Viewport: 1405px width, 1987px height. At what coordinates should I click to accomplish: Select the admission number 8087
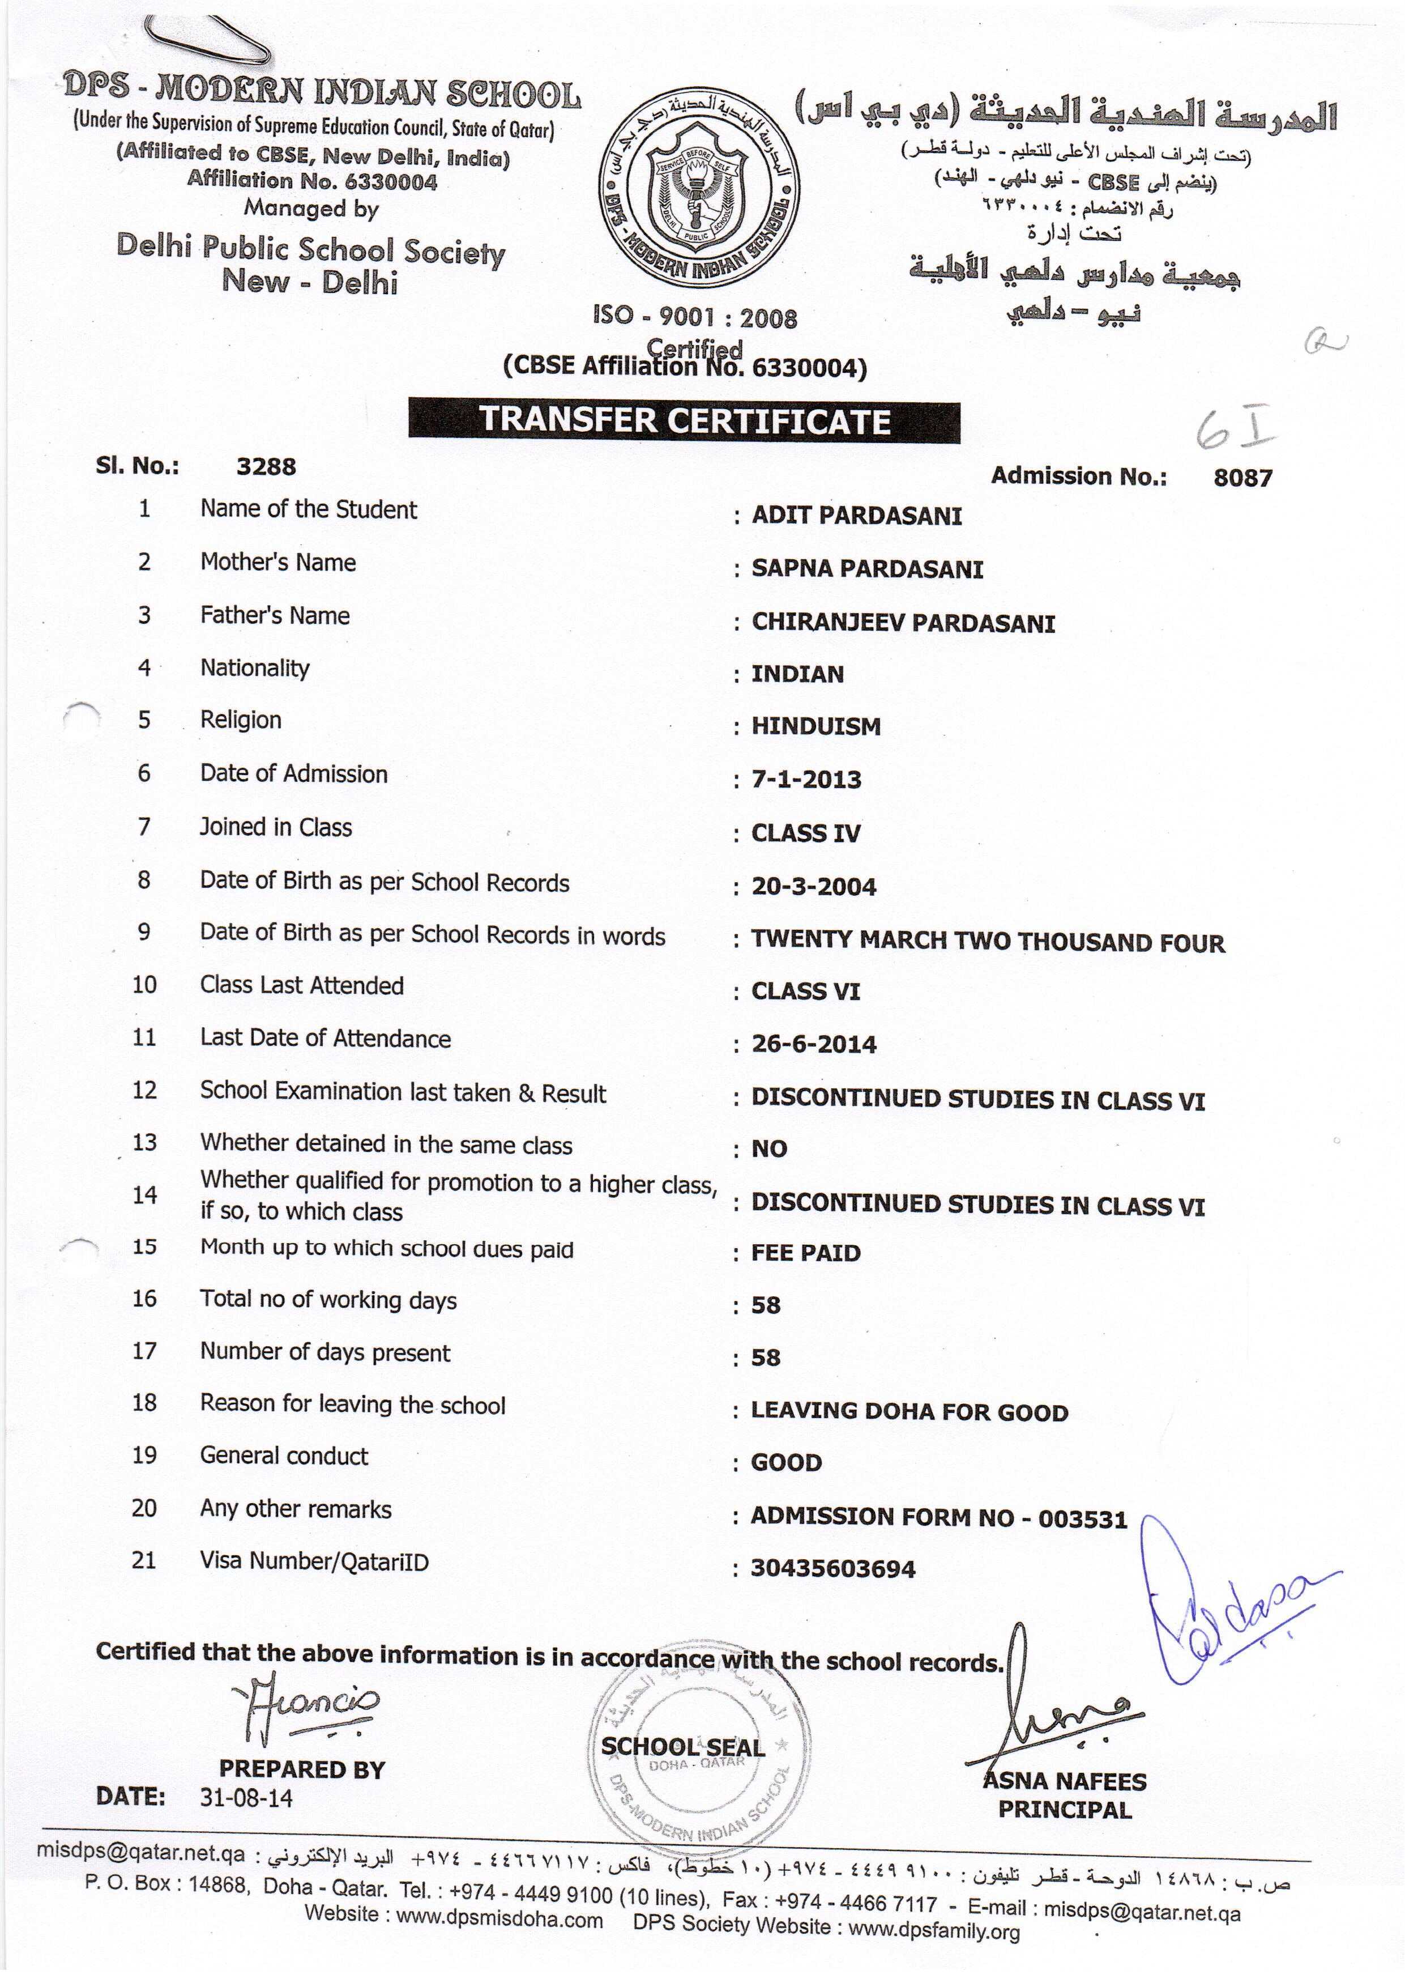(1242, 478)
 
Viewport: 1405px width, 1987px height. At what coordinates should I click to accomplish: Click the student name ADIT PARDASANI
(856, 516)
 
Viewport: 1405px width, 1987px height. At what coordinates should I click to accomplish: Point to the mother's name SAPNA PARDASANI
(867, 569)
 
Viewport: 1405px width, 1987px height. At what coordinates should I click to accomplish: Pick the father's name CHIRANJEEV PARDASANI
(902, 623)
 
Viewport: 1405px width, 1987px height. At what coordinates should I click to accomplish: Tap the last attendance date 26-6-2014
(813, 1045)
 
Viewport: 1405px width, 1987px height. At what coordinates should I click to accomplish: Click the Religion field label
(241, 720)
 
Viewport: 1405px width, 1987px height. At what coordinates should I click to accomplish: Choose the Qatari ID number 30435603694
(832, 1569)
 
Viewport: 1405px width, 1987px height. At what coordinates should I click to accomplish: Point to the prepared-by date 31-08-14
(246, 1798)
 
